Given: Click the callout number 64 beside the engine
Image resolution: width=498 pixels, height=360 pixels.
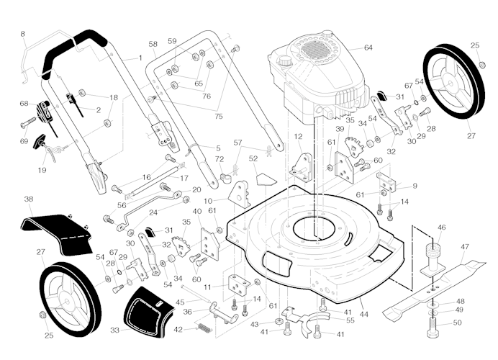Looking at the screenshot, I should point(368,48).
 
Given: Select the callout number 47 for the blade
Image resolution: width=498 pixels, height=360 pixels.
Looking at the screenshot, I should point(465,247).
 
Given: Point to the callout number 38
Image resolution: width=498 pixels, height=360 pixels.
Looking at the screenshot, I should point(28,199).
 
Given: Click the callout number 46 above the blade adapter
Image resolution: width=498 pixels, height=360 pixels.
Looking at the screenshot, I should point(441,228).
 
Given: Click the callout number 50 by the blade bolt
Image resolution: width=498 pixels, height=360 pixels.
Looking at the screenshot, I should point(458,323).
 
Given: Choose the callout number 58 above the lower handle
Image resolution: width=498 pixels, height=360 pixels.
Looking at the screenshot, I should point(153,45).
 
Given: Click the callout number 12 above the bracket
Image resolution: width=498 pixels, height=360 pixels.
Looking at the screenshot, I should point(298,137).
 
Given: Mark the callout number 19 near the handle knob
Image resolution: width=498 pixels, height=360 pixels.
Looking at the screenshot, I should point(42,170).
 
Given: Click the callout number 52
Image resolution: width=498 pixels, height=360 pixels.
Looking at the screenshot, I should point(253,158).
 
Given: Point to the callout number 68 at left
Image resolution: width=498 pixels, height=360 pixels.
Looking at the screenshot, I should point(24,104).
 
